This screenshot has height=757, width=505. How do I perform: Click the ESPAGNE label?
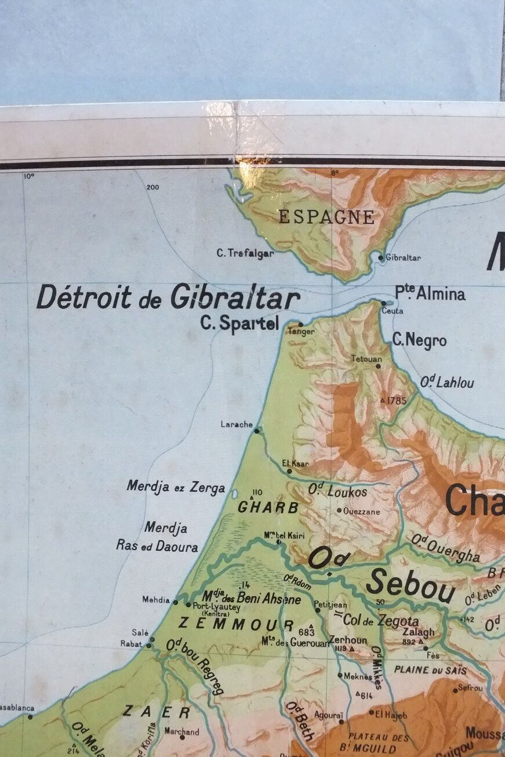coord(326,217)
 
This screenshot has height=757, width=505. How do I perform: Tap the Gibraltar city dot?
coord(381,257)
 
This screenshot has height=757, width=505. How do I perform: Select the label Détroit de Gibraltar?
coord(168,297)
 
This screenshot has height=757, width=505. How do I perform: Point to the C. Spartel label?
coord(239,323)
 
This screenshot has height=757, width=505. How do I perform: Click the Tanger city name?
coord(301,332)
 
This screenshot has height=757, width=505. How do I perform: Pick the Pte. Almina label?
coord(430,293)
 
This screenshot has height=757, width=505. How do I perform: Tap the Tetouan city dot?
coord(379,366)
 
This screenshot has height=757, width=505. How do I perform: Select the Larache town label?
coord(237,424)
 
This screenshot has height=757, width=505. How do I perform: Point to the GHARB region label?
coord(268,508)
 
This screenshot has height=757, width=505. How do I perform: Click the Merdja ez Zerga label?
coord(176,487)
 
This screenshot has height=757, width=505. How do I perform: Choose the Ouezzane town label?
coord(362,512)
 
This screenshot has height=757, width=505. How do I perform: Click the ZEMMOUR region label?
coord(235,624)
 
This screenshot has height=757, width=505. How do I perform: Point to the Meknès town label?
coord(358,676)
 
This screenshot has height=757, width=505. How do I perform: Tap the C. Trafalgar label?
coord(245,253)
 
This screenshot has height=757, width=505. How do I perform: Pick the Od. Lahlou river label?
coord(447,382)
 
